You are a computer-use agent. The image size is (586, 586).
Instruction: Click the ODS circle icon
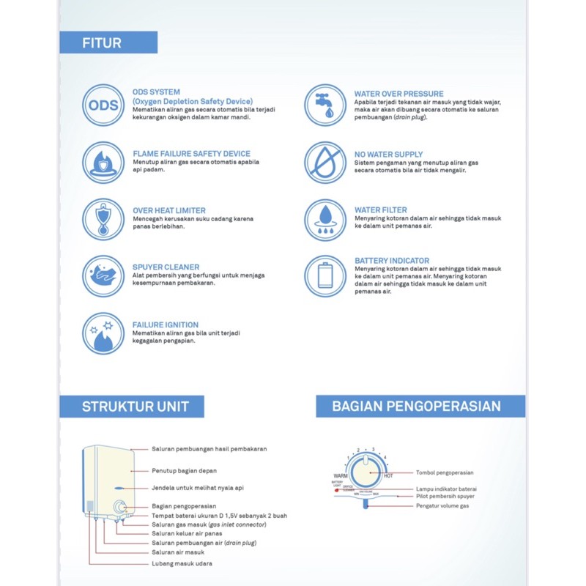tap(103, 105)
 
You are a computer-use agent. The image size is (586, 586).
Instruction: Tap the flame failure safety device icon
tap(103, 163)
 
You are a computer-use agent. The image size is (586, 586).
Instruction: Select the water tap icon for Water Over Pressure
tap(325, 105)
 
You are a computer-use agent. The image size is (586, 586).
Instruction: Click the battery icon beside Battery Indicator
tap(325, 276)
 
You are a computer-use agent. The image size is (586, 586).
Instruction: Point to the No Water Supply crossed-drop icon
tap(325, 163)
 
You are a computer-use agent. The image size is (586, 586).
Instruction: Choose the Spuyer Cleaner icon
tap(103, 276)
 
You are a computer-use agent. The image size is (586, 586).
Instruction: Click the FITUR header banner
tap(108, 42)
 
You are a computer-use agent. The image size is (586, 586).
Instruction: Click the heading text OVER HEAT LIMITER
tap(169, 210)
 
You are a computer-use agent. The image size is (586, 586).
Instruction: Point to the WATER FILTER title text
tap(381, 210)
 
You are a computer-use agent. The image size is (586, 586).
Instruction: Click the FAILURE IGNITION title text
tap(166, 324)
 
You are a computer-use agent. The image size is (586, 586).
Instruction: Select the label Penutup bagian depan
tap(184, 470)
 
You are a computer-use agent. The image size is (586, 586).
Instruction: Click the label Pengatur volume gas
tap(442, 505)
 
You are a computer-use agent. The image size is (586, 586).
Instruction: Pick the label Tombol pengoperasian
tap(445, 472)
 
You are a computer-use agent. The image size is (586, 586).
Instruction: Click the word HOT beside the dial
tap(388, 476)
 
